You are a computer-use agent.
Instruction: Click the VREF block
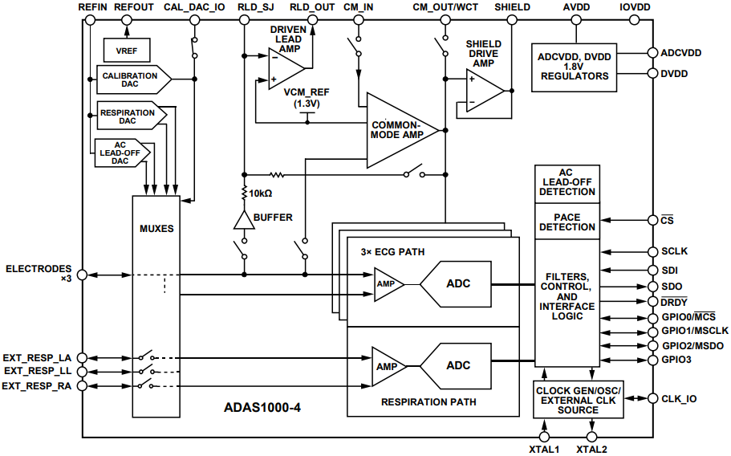coord(126,50)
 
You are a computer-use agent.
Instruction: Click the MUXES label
coord(156,229)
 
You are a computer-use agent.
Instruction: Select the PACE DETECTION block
coord(567,222)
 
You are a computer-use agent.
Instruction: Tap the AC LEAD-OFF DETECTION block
coord(567,182)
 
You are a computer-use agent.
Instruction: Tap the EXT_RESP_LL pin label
coord(38,372)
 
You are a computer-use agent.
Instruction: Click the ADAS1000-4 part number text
coord(262,407)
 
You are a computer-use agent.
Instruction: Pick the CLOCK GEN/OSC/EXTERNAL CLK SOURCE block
coord(578,399)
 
